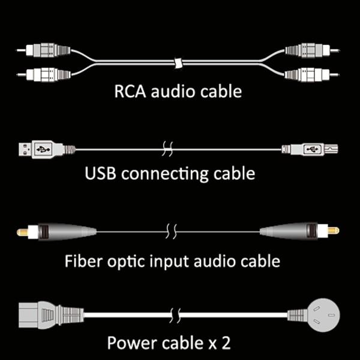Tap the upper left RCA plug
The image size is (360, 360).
coord(45,49)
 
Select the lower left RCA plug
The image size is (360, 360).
coord(45,74)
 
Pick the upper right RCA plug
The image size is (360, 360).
coord(312,49)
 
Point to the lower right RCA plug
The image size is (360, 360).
coord(312,74)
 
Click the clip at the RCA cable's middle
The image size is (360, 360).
coord(178,62)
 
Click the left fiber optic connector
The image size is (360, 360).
coord(60,230)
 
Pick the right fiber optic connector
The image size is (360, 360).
coord(297,230)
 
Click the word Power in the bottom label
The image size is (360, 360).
coord(130,343)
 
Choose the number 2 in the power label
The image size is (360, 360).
coord(224,343)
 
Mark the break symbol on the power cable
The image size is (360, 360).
coord(175,314)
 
